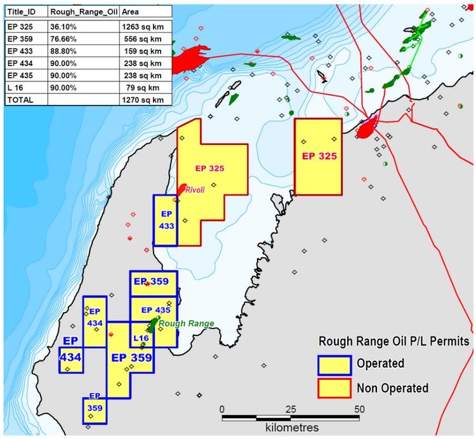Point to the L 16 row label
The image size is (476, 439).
click(x=15, y=88)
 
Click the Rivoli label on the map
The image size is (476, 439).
click(x=195, y=190)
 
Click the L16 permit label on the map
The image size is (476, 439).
click(x=141, y=339)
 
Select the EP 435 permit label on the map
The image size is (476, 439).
click(x=155, y=310)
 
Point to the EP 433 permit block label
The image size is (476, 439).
click(x=166, y=220)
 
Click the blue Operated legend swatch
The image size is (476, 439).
click(x=334, y=364)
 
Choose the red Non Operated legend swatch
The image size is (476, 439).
click(x=334, y=388)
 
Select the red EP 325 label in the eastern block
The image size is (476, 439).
click(x=319, y=155)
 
